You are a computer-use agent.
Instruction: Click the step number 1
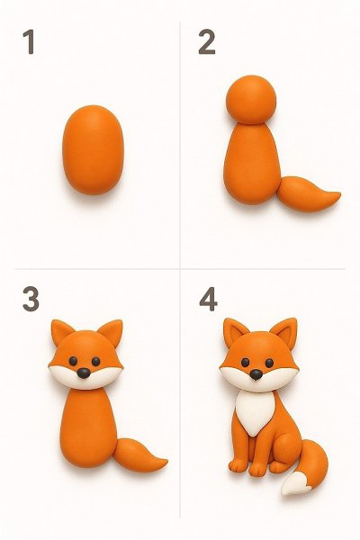tap(30, 41)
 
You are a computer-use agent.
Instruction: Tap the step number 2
tap(207, 41)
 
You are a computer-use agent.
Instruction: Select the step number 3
tap(31, 299)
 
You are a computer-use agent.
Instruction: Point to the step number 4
tap(208, 299)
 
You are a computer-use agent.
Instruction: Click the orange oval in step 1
tap(93, 149)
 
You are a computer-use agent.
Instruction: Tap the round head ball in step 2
tap(251, 100)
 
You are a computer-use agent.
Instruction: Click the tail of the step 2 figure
tap(308, 194)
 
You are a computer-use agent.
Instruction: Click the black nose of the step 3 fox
tap(84, 373)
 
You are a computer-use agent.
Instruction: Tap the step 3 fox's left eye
tap(73, 361)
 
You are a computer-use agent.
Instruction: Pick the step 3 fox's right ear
tap(111, 332)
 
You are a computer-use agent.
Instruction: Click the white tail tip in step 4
tap(295, 484)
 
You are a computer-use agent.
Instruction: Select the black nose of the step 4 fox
tap(256, 374)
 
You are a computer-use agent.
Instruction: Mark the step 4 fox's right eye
tap(269, 363)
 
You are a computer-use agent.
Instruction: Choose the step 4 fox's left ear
tap(235, 332)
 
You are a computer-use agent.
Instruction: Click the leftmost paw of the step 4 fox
tap(238, 465)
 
